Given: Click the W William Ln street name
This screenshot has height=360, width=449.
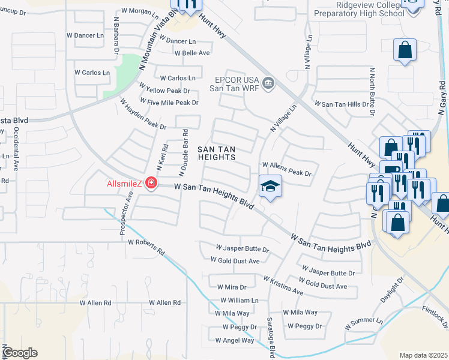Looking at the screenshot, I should point(239,300).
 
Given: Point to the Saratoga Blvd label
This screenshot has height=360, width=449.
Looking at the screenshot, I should point(271,334).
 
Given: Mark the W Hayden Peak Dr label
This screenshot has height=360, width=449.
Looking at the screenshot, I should point(143,114).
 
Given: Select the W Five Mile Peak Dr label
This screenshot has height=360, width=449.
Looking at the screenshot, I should point(169,103).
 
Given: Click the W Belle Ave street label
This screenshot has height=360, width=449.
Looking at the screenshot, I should point(192,53).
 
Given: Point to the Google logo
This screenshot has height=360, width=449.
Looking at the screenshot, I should point(19,353).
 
